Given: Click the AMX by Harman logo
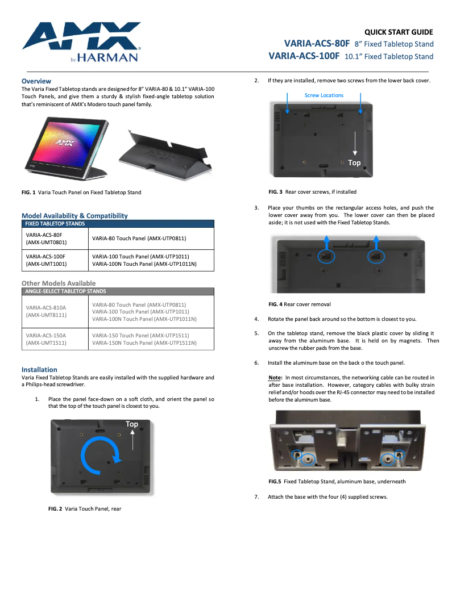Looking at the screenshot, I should point(81,41).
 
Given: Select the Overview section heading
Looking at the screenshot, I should point(36,81).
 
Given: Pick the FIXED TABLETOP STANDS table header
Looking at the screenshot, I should point(55,224).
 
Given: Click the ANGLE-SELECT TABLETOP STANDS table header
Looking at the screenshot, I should point(65,291).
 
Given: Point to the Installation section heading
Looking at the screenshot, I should point(39,370).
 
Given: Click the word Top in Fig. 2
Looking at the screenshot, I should point(132,424).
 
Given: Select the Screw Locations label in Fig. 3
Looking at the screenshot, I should point(324,95).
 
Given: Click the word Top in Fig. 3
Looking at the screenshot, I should point(354,163).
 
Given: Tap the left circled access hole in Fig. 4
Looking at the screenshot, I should point(326,256).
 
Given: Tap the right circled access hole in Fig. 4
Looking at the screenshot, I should point(375,256).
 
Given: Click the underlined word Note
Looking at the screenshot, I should point(275,377).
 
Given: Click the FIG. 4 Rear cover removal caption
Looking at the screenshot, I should point(300,304).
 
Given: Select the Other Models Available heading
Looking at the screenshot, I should point(59,283).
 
